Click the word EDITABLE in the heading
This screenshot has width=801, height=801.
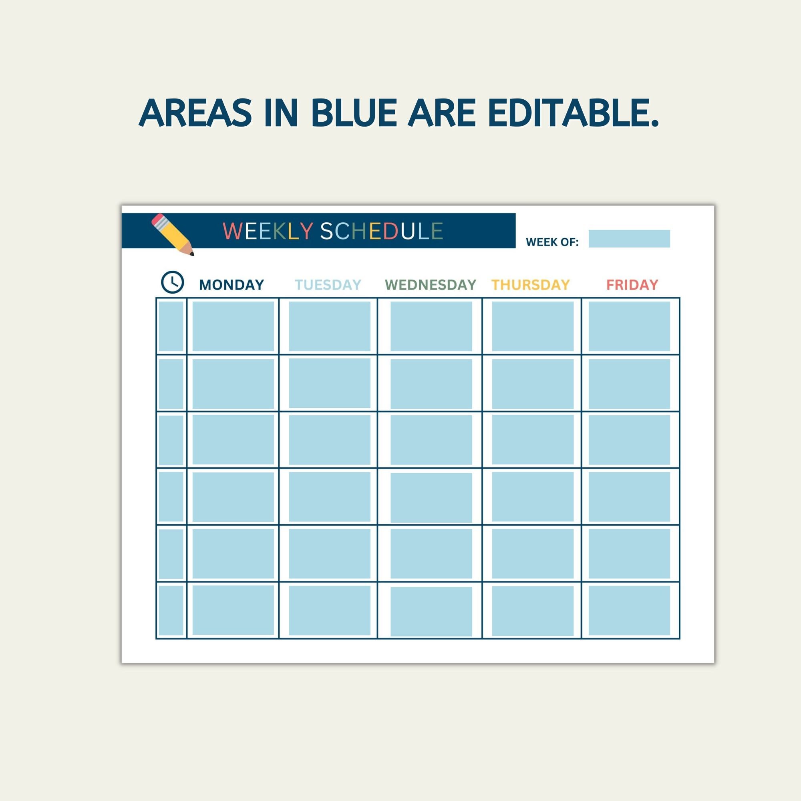tap(574, 113)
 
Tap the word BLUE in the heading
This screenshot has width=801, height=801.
tap(354, 113)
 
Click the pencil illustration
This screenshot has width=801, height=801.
tap(173, 234)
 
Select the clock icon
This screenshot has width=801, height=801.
tap(172, 282)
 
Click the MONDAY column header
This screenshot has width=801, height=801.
tap(231, 285)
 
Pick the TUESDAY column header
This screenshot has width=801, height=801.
tap(328, 285)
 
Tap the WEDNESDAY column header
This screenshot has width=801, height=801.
tap(431, 285)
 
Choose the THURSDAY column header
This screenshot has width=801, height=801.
tap(531, 285)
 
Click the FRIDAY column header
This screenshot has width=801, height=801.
tap(632, 285)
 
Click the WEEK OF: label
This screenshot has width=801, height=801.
tap(552, 242)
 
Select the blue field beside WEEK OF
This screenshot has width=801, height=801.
tap(629, 239)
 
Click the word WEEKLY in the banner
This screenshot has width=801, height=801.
tap(268, 231)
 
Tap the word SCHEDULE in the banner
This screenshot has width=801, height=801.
tap(381, 231)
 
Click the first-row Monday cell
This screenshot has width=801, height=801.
tap(233, 326)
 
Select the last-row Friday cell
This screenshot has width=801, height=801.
tap(629, 610)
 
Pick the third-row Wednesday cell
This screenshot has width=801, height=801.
tap(431, 440)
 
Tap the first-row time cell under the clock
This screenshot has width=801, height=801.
tap(171, 326)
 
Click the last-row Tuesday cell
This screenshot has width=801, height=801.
tap(330, 610)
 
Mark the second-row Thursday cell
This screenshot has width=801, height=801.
tap(533, 384)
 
